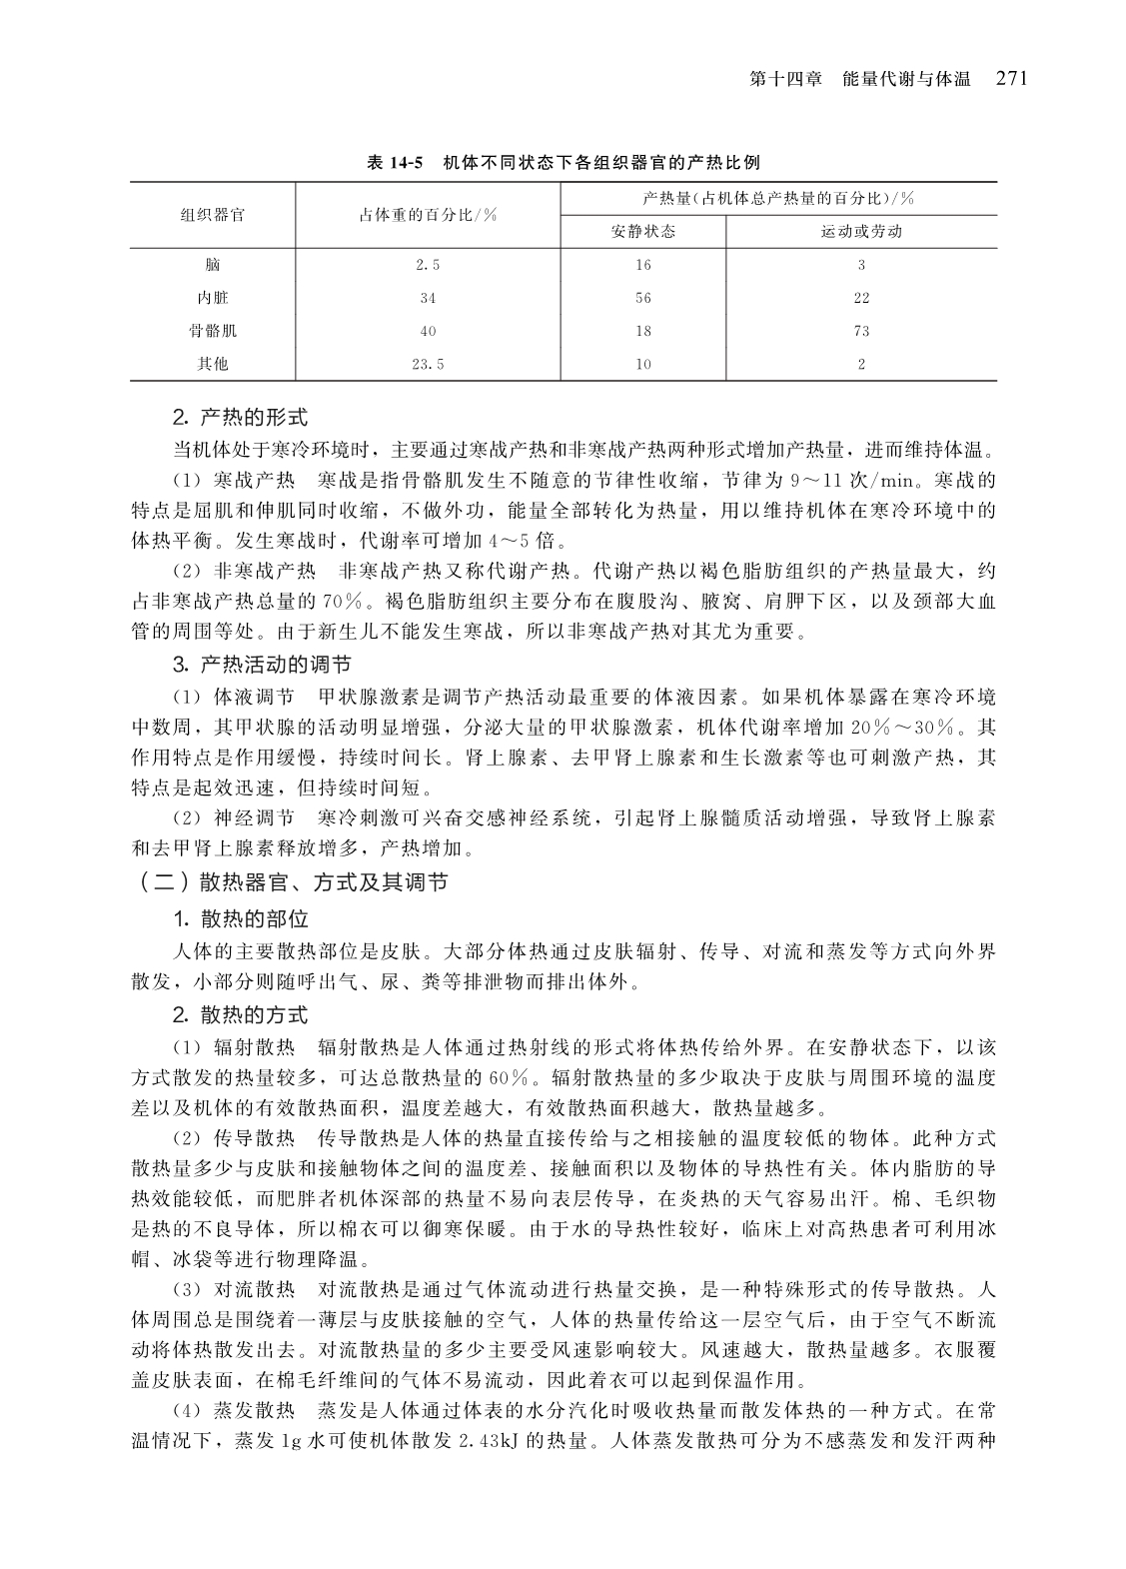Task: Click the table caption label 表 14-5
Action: coord(397,162)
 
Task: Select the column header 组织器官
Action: coord(212,214)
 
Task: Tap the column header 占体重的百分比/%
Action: coord(428,214)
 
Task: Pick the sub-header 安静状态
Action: coord(642,232)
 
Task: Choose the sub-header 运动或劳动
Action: coord(861,232)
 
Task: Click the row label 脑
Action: coord(212,265)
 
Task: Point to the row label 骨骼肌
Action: coord(212,331)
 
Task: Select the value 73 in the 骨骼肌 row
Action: coord(861,331)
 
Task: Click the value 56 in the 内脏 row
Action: coord(642,298)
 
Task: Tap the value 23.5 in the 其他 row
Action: coord(428,364)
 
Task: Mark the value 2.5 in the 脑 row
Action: coord(428,265)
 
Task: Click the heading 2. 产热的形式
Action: coord(240,416)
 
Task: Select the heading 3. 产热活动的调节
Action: coord(262,665)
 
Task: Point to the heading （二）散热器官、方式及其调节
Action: coord(293,882)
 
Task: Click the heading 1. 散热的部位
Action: coord(240,919)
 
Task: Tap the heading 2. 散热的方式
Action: coord(240,1015)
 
